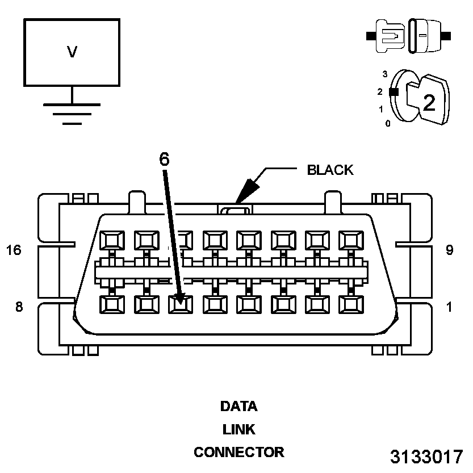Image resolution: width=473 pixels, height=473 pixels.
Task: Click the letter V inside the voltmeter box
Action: click(72, 52)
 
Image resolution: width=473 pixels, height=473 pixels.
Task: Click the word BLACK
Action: click(330, 170)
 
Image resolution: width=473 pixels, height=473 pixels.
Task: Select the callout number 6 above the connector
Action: click(164, 160)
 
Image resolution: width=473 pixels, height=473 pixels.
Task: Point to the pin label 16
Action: click(14, 250)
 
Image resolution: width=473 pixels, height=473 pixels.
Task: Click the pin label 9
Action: click(449, 250)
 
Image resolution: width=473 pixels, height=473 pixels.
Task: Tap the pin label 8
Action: click(19, 307)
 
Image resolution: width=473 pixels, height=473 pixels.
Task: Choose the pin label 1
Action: click(449, 307)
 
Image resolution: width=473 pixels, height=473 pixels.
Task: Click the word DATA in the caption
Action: click(238, 407)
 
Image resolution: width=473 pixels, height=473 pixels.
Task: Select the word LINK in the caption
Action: click(238, 430)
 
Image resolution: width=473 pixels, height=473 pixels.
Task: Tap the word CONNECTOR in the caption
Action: click(238, 453)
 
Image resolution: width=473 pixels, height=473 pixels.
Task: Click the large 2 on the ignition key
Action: click(429, 102)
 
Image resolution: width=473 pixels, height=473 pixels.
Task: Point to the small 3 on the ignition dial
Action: click(385, 74)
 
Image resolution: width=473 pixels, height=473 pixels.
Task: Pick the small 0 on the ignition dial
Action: click(388, 123)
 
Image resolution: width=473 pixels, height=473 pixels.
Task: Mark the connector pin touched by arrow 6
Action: click(181, 304)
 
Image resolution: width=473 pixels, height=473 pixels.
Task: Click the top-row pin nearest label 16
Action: click(112, 241)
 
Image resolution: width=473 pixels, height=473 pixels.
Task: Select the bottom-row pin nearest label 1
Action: click(351, 304)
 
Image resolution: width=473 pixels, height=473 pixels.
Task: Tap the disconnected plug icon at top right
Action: click(409, 36)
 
